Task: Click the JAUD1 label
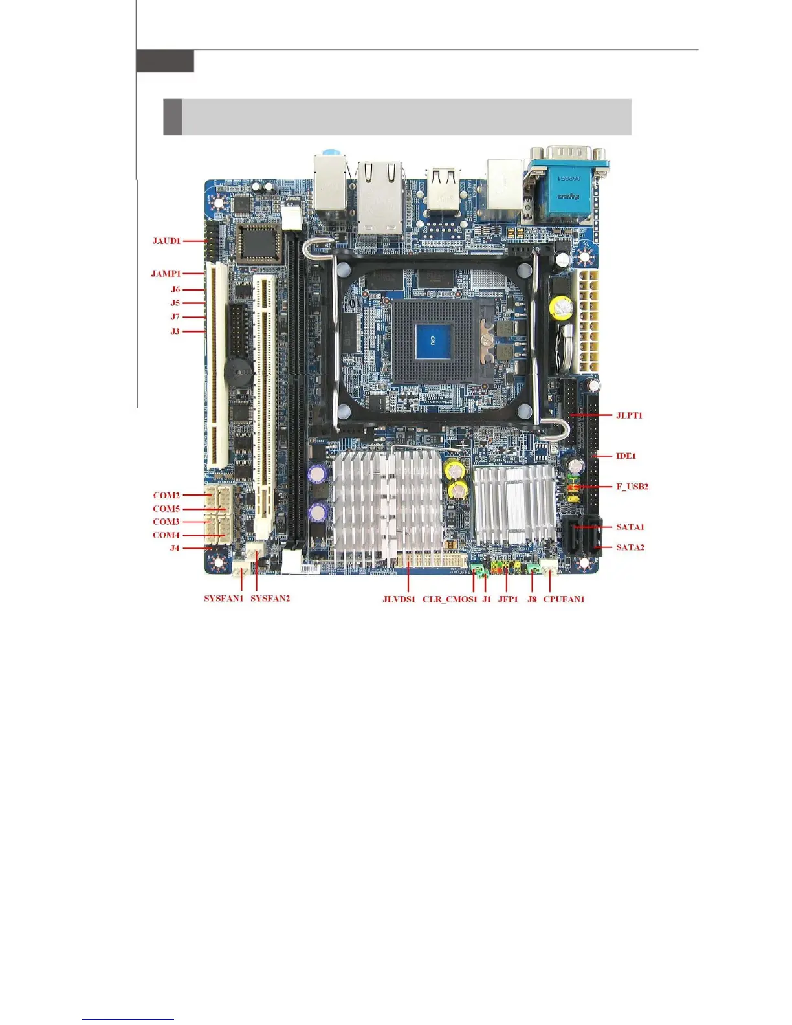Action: [x=166, y=241]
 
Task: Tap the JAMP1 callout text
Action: [x=166, y=274]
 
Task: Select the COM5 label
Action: [x=166, y=509]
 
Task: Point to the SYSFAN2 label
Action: [x=270, y=599]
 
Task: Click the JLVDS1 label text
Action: [x=399, y=599]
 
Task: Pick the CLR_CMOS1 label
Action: [x=450, y=599]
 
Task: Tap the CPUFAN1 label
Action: [x=564, y=599]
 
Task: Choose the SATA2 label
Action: [x=630, y=547]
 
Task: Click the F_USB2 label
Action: [x=632, y=487]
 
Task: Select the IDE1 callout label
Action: [x=626, y=456]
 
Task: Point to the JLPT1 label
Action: [x=629, y=415]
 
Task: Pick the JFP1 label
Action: [x=508, y=599]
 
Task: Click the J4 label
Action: [x=175, y=549]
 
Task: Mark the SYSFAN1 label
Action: [x=223, y=599]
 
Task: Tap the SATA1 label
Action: [x=630, y=527]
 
